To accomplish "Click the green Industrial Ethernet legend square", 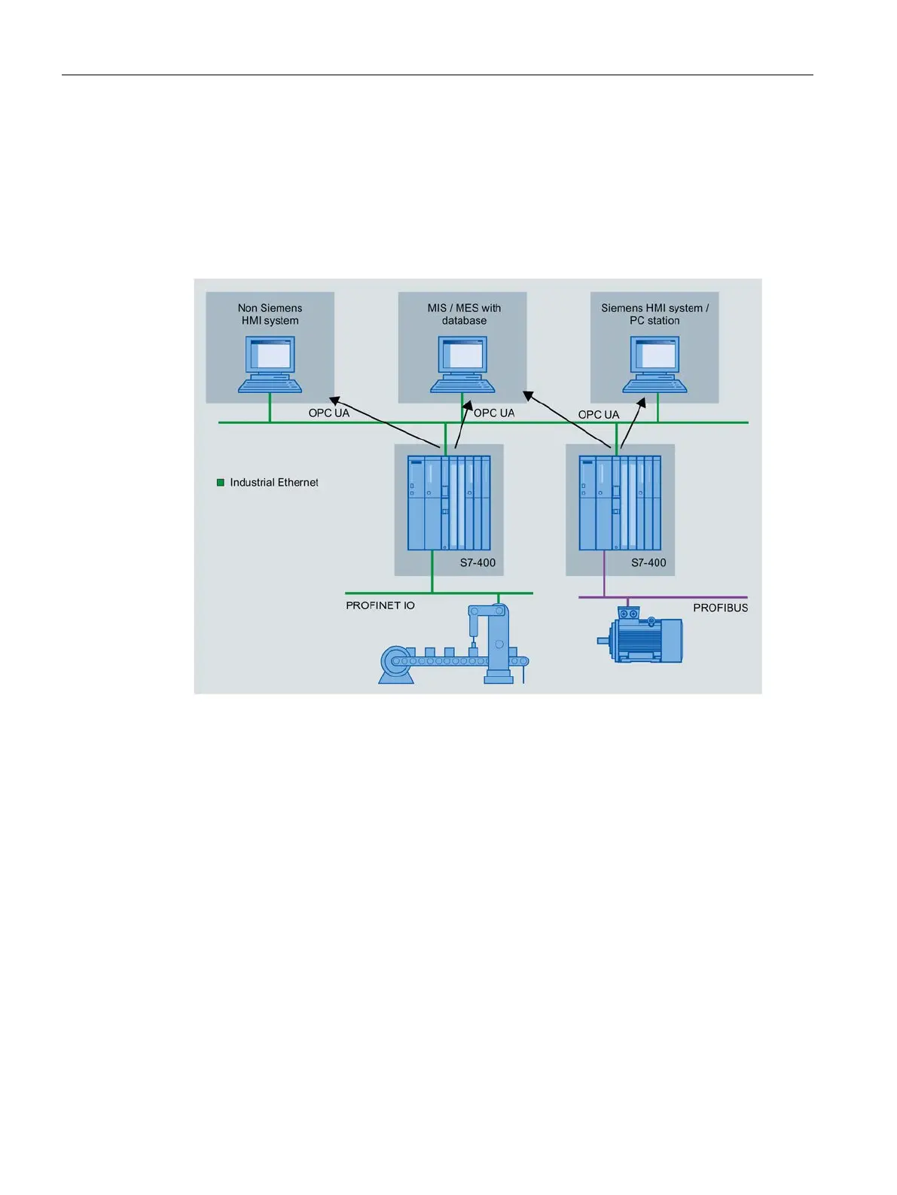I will [x=221, y=483].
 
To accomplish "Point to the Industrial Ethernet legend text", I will [x=274, y=483].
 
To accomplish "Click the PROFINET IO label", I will [x=380, y=605].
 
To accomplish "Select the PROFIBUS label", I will [x=720, y=608].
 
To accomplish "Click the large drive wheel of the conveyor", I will [x=395, y=662].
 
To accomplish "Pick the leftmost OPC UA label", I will [x=329, y=413].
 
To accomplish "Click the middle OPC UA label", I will [x=494, y=413].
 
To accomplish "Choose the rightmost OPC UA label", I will [x=599, y=415].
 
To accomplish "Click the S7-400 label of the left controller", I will [x=477, y=562].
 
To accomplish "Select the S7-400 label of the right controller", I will [x=648, y=562].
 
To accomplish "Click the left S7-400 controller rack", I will [x=449, y=503].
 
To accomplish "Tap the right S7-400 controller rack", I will [x=620, y=503].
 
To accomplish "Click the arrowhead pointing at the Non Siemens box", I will [x=334, y=401].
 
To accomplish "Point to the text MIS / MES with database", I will [x=464, y=314].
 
